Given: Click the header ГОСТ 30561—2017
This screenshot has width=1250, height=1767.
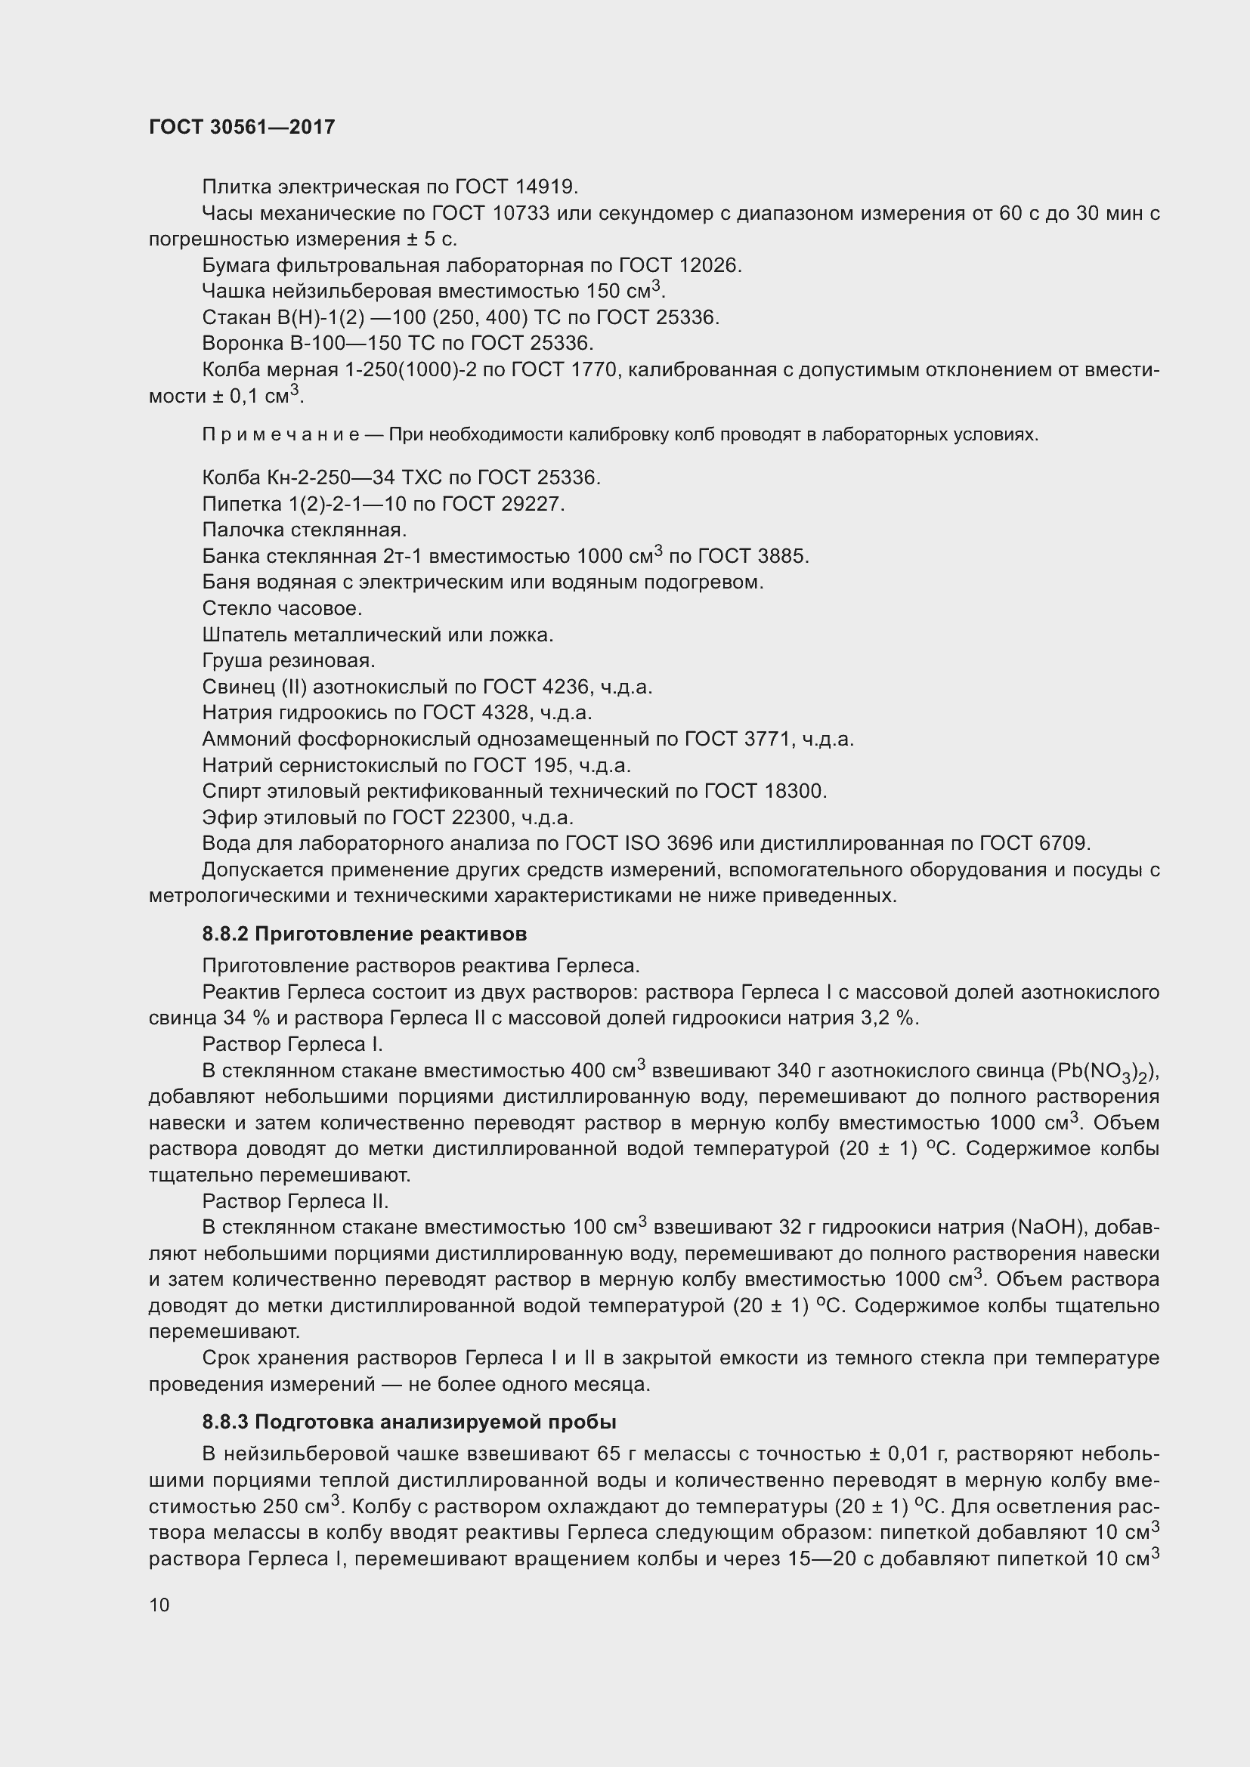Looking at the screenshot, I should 242,127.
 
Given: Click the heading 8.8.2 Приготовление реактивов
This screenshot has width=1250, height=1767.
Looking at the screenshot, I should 364,934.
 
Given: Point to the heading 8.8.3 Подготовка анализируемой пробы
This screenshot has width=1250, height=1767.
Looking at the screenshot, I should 409,1423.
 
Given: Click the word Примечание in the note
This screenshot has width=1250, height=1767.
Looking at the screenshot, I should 280,435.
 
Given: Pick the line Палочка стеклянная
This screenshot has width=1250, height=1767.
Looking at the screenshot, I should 304,530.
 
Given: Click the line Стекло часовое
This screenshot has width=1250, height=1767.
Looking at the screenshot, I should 282,609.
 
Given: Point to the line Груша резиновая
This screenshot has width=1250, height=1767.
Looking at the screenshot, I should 289,661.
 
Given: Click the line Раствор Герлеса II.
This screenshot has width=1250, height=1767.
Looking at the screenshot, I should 295,1201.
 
